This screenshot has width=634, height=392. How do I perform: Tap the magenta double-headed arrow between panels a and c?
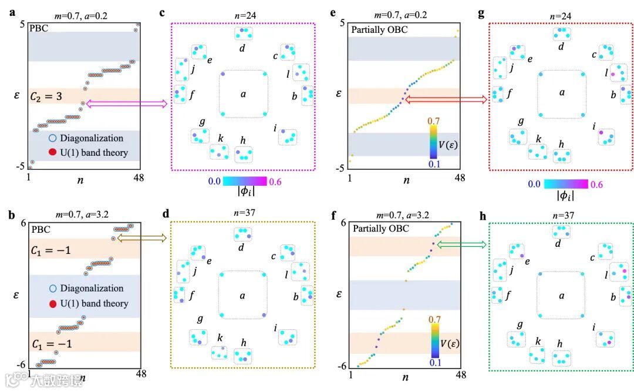[126, 104]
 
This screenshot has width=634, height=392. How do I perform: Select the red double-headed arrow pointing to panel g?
[446, 100]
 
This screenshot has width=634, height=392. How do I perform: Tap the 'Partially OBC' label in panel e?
[376, 28]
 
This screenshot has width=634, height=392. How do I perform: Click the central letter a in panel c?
[242, 93]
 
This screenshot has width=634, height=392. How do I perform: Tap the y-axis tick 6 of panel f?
[342, 223]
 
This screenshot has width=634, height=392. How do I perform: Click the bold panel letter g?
[481, 12]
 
